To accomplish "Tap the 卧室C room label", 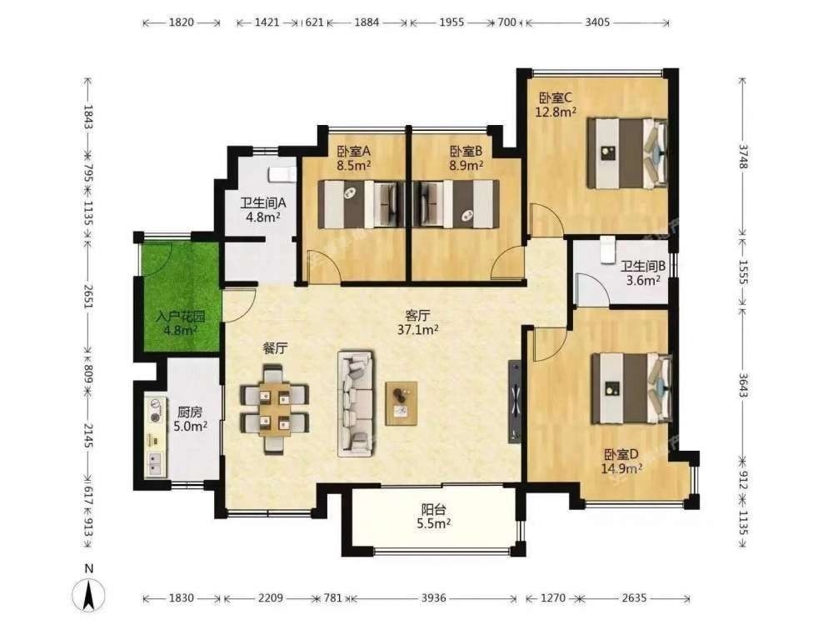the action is [555, 98].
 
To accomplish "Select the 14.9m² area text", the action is [621, 468].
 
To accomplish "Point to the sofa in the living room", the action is [356, 403].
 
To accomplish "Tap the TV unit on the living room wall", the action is [515, 402].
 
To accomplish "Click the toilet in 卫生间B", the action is [607, 250].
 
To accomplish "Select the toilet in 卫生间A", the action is [282, 174].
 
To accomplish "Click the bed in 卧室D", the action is [631, 388].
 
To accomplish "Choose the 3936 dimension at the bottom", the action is [433, 597].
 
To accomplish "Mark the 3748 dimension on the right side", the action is [742, 157].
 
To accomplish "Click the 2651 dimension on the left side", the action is [88, 297].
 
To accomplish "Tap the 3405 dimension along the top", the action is [597, 22].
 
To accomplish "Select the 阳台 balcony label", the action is [433, 510].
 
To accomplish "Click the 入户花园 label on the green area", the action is [181, 317].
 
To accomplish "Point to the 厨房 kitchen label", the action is [190, 412].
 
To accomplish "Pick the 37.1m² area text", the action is [418, 329].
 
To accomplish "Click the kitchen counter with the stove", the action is [156, 437].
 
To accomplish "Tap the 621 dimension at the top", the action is [315, 22].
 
